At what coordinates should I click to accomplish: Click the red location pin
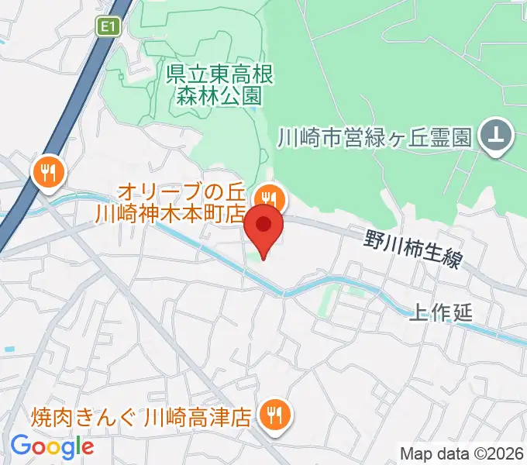[x=263, y=226]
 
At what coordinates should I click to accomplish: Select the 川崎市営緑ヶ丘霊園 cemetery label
[x=375, y=138]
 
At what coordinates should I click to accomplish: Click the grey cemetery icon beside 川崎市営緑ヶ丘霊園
[x=496, y=137]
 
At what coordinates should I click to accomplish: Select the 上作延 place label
[x=439, y=314]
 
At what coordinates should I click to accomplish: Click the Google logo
[x=52, y=446]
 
